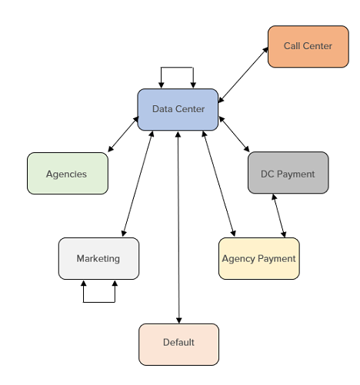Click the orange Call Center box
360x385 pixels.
click(x=308, y=46)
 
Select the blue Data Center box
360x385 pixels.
click(x=178, y=110)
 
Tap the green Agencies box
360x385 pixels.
click(x=68, y=174)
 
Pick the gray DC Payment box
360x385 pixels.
click(x=288, y=173)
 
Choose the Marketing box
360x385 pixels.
click(x=98, y=258)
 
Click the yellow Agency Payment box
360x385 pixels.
click(x=259, y=258)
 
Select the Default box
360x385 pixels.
click(x=178, y=344)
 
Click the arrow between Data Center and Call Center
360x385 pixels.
click(x=243, y=75)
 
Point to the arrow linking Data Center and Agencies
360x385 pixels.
click(x=123, y=134)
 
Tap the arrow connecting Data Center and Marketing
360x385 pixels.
click(x=138, y=184)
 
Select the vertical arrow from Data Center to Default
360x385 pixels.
click(x=178, y=227)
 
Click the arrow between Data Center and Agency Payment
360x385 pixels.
click(x=218, y=184)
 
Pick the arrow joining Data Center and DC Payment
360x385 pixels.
click(x=234, y=134)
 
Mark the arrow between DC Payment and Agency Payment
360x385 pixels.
click(x=278, y=216)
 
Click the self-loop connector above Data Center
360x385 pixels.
click(x=177, y=68)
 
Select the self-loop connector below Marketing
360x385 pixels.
click(x=99, y=302)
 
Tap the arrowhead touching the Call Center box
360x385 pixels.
click(x=265, y=50)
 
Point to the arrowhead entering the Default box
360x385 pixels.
click(x=178, y=320)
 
